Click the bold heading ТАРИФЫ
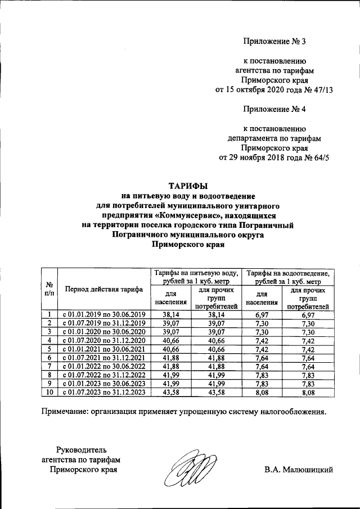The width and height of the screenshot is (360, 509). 188,185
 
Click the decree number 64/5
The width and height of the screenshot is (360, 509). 317,157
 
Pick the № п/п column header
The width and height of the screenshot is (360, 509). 49,289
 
